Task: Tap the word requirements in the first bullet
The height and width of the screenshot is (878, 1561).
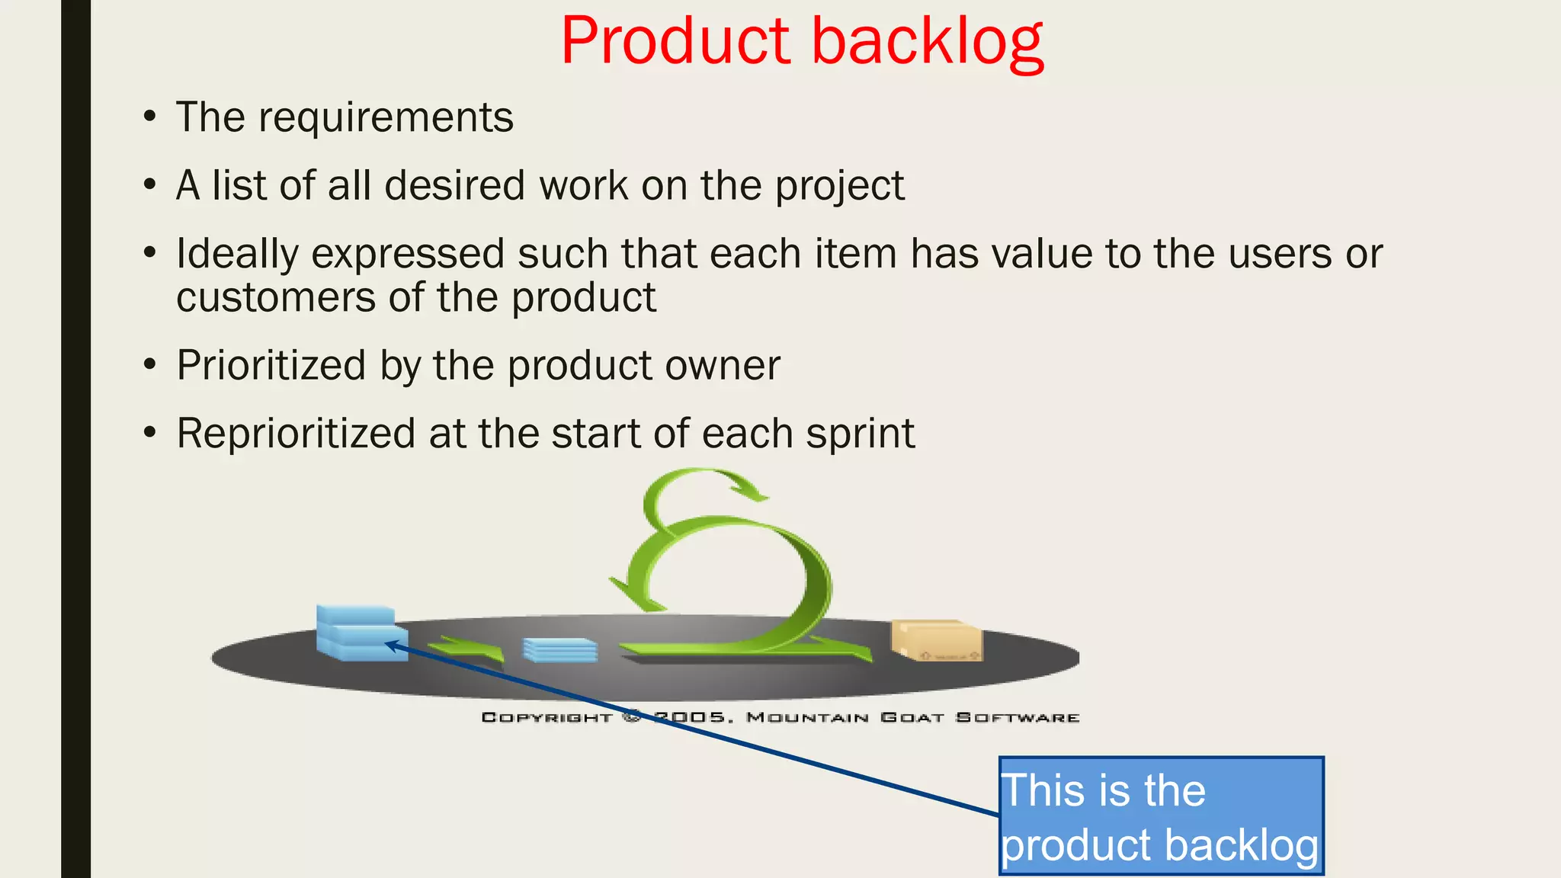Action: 386,118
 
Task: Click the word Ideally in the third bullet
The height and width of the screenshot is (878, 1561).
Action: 237,255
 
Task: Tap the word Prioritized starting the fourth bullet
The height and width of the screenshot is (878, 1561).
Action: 271,366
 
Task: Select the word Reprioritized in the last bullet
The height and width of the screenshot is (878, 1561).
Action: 296,434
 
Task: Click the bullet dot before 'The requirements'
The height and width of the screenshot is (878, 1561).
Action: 150,118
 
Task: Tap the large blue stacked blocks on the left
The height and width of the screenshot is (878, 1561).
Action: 358,632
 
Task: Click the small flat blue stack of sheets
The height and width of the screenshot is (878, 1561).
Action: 559,650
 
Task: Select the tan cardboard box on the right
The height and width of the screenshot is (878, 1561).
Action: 937,640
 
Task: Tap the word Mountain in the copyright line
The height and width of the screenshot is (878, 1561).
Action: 807,717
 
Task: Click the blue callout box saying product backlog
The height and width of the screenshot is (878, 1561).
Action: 1160,816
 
